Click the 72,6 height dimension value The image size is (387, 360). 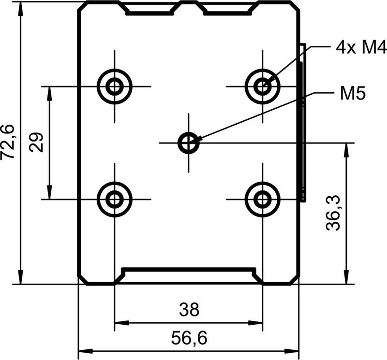point(7,142)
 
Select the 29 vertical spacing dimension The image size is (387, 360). point(36,143)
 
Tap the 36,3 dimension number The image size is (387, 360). point(333,213)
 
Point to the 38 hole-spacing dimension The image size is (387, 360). point(189,310)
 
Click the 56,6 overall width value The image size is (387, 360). point(189,338)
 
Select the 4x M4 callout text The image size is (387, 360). point(361,47)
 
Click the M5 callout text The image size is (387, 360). point(353,93)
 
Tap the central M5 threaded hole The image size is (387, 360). point(189,143)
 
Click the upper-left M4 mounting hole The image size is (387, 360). point(115,86)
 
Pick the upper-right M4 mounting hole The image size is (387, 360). point(263,86)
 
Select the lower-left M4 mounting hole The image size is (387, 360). point(115,199)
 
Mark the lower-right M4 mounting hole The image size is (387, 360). point(263,199)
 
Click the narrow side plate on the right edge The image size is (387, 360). point(303,123)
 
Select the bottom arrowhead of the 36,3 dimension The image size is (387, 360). point(347,278)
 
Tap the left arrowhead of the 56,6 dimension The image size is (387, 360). point(86,351)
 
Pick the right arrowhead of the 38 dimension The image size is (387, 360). point(256,323)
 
